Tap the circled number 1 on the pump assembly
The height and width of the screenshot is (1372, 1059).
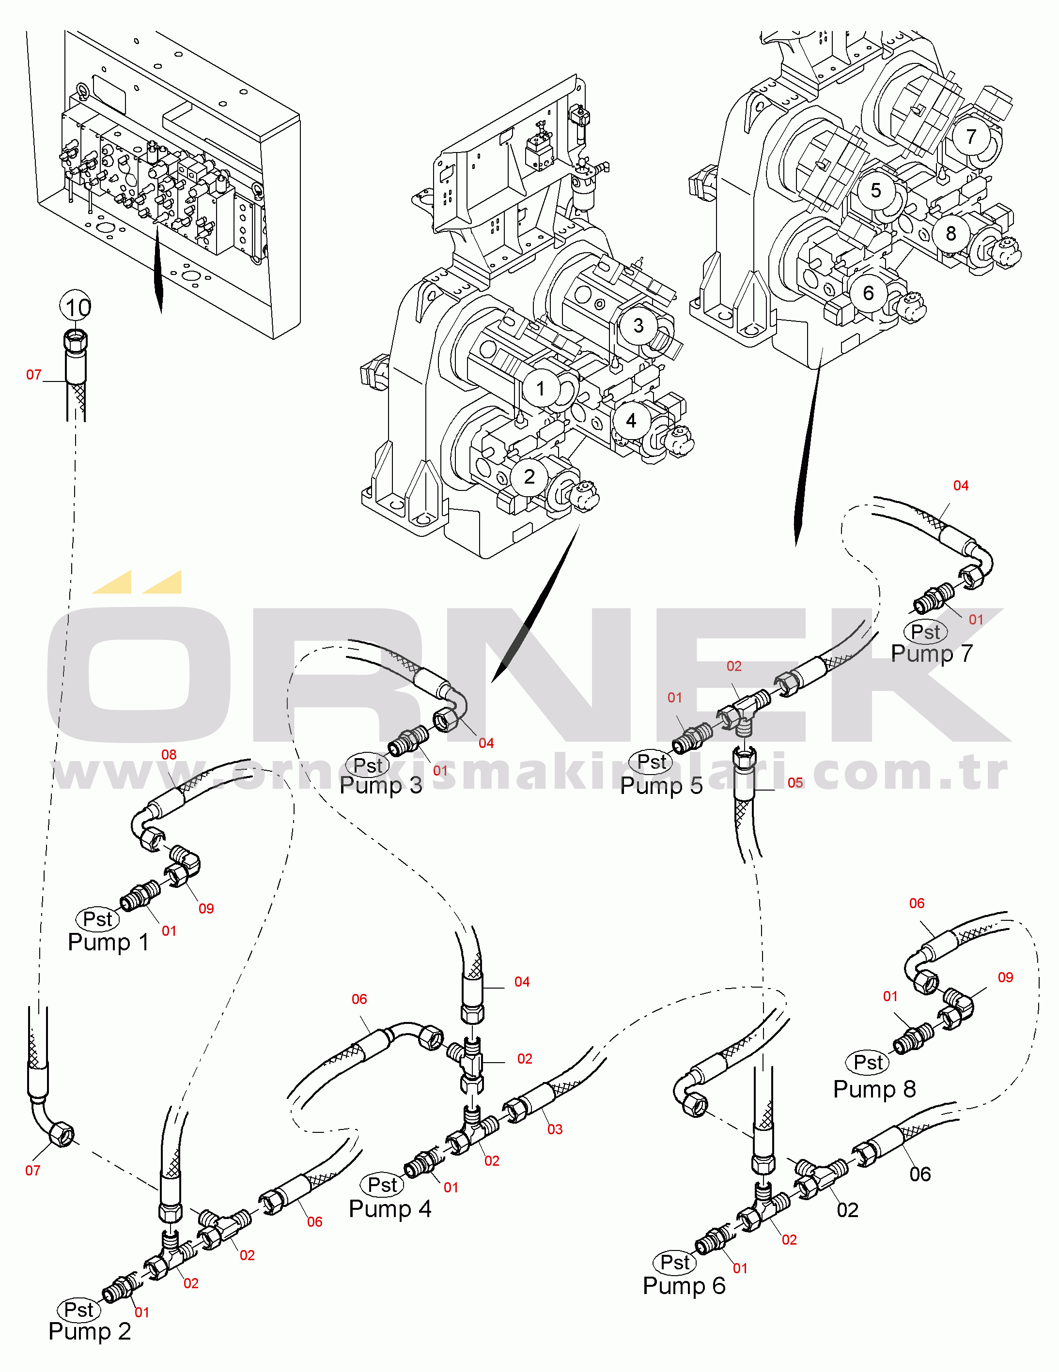tap(540, 388)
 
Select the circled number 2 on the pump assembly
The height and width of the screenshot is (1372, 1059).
tap(529, 477)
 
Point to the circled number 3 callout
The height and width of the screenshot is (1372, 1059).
tap(638, 325)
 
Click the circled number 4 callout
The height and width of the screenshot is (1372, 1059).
tap(631, 421)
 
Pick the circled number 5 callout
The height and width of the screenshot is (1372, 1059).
tap(875, 190)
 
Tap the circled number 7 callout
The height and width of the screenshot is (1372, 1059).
tap(971, 137)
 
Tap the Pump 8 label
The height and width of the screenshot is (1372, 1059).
tap(874, 1089)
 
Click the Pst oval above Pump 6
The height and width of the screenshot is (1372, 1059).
tap(675, 1262)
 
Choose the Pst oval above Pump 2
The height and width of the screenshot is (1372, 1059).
tap(78, 1310)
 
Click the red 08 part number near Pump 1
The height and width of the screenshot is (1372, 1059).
tap(169, 754)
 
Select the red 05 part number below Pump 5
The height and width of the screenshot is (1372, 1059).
tap(795, 783)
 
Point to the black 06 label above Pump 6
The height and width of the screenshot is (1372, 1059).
tap(920, 1174)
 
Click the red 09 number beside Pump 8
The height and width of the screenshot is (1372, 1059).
tap(1006, 977)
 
